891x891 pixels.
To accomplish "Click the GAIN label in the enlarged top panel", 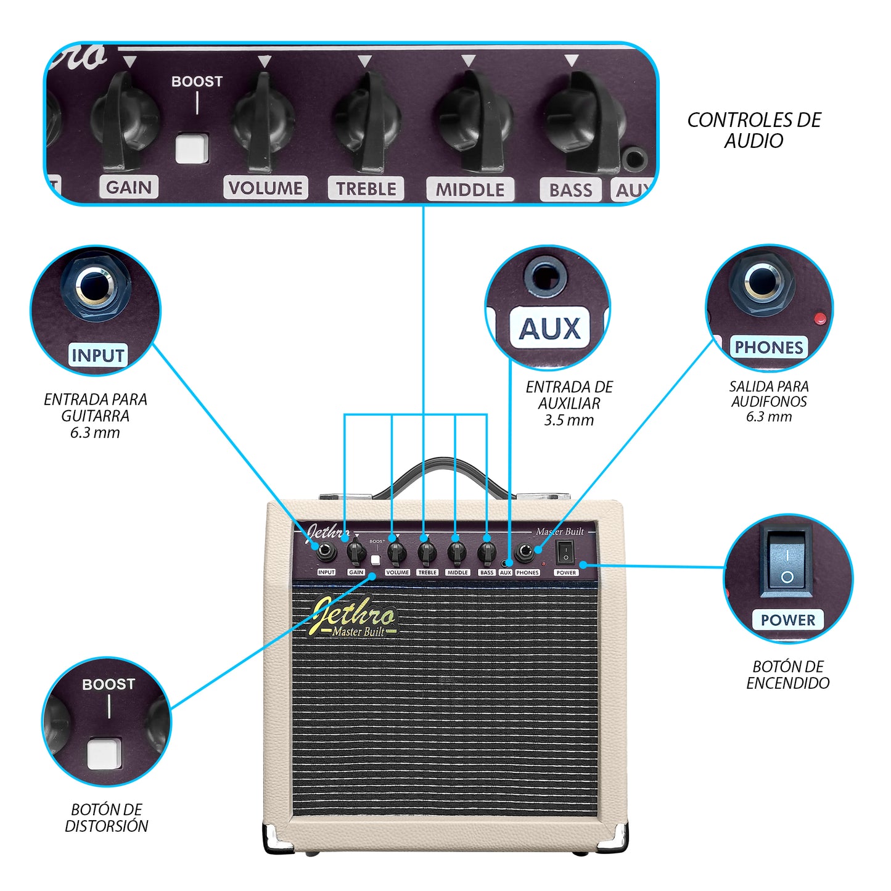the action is (x=129, y=187).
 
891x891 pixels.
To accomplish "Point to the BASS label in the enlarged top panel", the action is (x=570, y=189).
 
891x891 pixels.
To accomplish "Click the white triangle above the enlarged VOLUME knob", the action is (x=265, y=61).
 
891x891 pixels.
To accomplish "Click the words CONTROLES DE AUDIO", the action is (x=753, y=130).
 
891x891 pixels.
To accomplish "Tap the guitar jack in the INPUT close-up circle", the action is (x=95, y=285).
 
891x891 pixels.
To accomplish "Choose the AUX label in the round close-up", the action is (x=549, y=328).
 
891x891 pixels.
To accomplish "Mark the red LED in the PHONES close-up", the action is (x=820, y=318).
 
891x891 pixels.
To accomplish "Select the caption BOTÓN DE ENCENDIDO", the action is (x=788, y=675).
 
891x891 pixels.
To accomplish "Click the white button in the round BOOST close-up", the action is (x=104, y=753).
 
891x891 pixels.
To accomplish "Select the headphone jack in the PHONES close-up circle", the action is (x=762, y=282).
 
